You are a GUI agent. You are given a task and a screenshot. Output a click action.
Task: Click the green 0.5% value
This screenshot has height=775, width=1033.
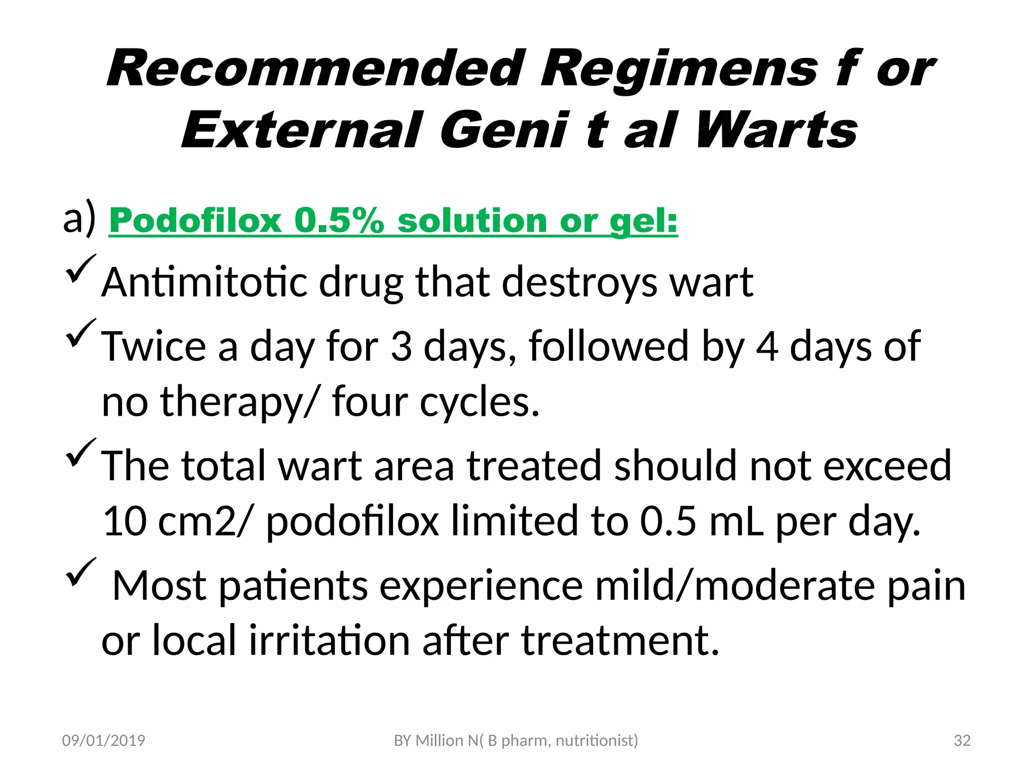pos(339,221)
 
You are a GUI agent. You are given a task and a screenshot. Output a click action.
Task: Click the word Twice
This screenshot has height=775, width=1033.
pos(154,346)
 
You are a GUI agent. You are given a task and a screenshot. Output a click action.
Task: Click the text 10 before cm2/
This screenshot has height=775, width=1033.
pos(124,521)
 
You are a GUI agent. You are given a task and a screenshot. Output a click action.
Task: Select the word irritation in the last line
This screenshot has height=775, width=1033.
pos(329,640)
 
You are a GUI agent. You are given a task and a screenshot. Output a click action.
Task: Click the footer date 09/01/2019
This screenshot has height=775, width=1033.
pos(103,740)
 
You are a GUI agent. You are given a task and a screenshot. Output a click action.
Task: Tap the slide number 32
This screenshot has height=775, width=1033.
pos(962,740)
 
